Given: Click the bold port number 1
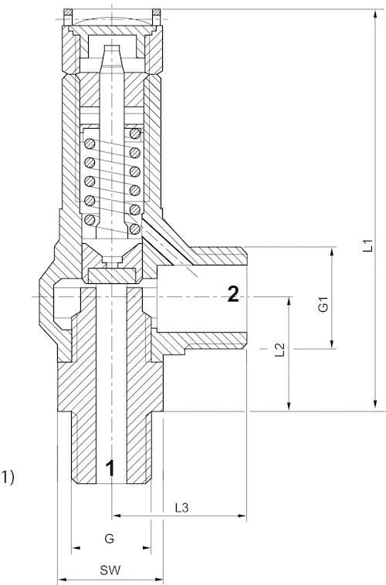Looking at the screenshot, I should click(110, 468).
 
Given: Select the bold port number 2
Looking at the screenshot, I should click(234, 293).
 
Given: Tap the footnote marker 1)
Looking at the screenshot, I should click(8, 477).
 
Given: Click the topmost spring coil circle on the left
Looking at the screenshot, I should click(90, 143).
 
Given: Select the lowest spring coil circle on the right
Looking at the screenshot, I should click(135, 228).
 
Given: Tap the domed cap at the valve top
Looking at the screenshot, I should click(112, 18).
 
